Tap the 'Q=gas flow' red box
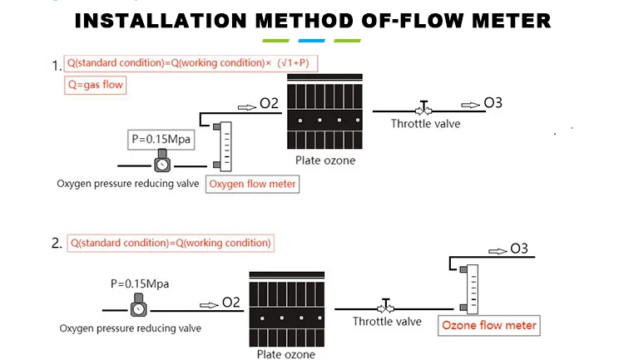97,85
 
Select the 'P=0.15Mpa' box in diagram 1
161,140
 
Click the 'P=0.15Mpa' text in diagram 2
140,284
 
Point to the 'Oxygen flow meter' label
252,185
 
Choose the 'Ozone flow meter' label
488,325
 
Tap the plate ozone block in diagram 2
287,308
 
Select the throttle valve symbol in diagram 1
424,109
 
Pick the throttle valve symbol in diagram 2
385,308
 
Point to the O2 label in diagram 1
269,104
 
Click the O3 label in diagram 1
493,103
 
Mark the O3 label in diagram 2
519,249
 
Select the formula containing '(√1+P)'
191,63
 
